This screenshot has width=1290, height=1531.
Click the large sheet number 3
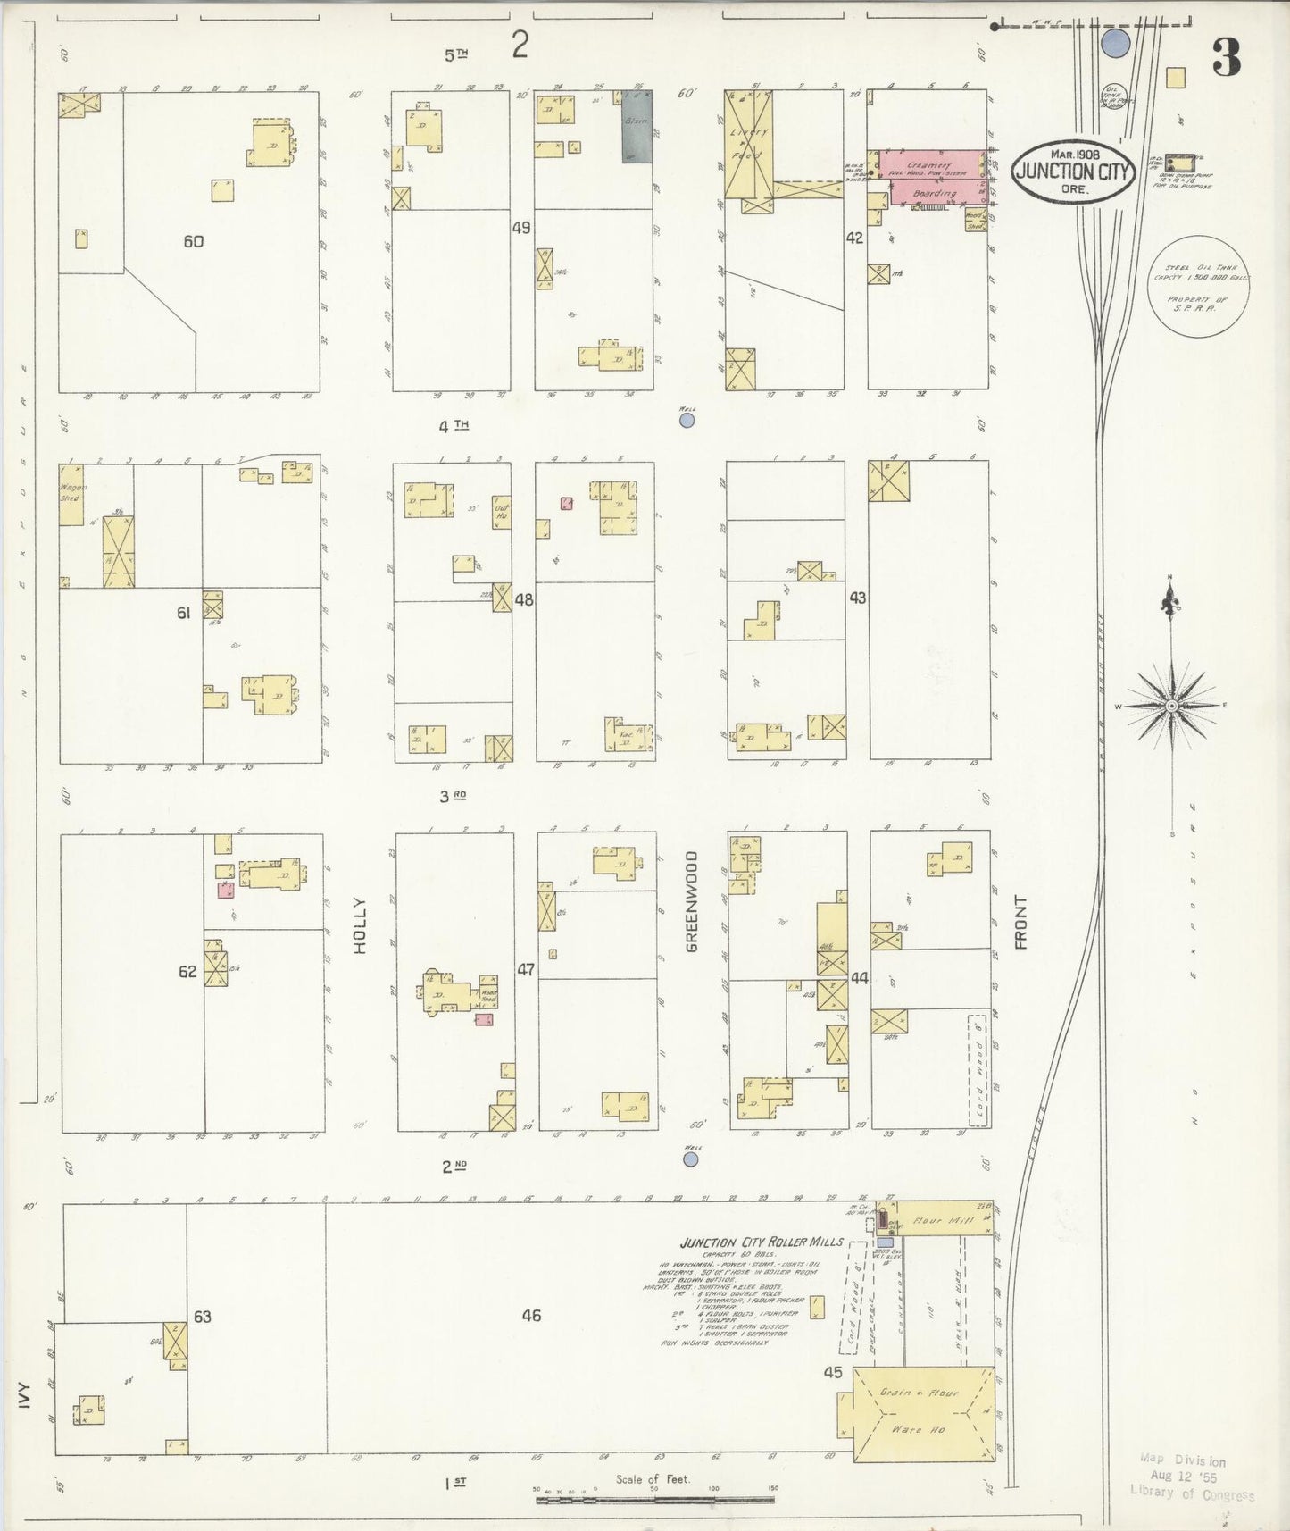click(1227, 59)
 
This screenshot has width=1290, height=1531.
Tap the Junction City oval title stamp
click(1072, 171)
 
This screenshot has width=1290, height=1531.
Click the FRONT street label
click(1020, 922)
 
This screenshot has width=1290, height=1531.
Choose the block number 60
click(193, 241)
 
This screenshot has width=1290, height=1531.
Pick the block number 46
click(531, 1315)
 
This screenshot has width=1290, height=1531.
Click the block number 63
click(203, 1316)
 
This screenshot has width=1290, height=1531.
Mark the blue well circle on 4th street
click(687, 420)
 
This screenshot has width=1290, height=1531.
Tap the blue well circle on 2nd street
click(690, 1159)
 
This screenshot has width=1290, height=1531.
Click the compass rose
click(1170, 705)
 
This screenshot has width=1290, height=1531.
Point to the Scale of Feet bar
click(654, 1500)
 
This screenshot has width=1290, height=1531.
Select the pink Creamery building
click(931, 176)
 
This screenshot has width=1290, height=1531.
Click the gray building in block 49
click(637, 126)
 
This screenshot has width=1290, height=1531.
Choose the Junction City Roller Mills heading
click(761, 1242)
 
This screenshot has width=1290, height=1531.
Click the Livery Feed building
click(748, 144)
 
